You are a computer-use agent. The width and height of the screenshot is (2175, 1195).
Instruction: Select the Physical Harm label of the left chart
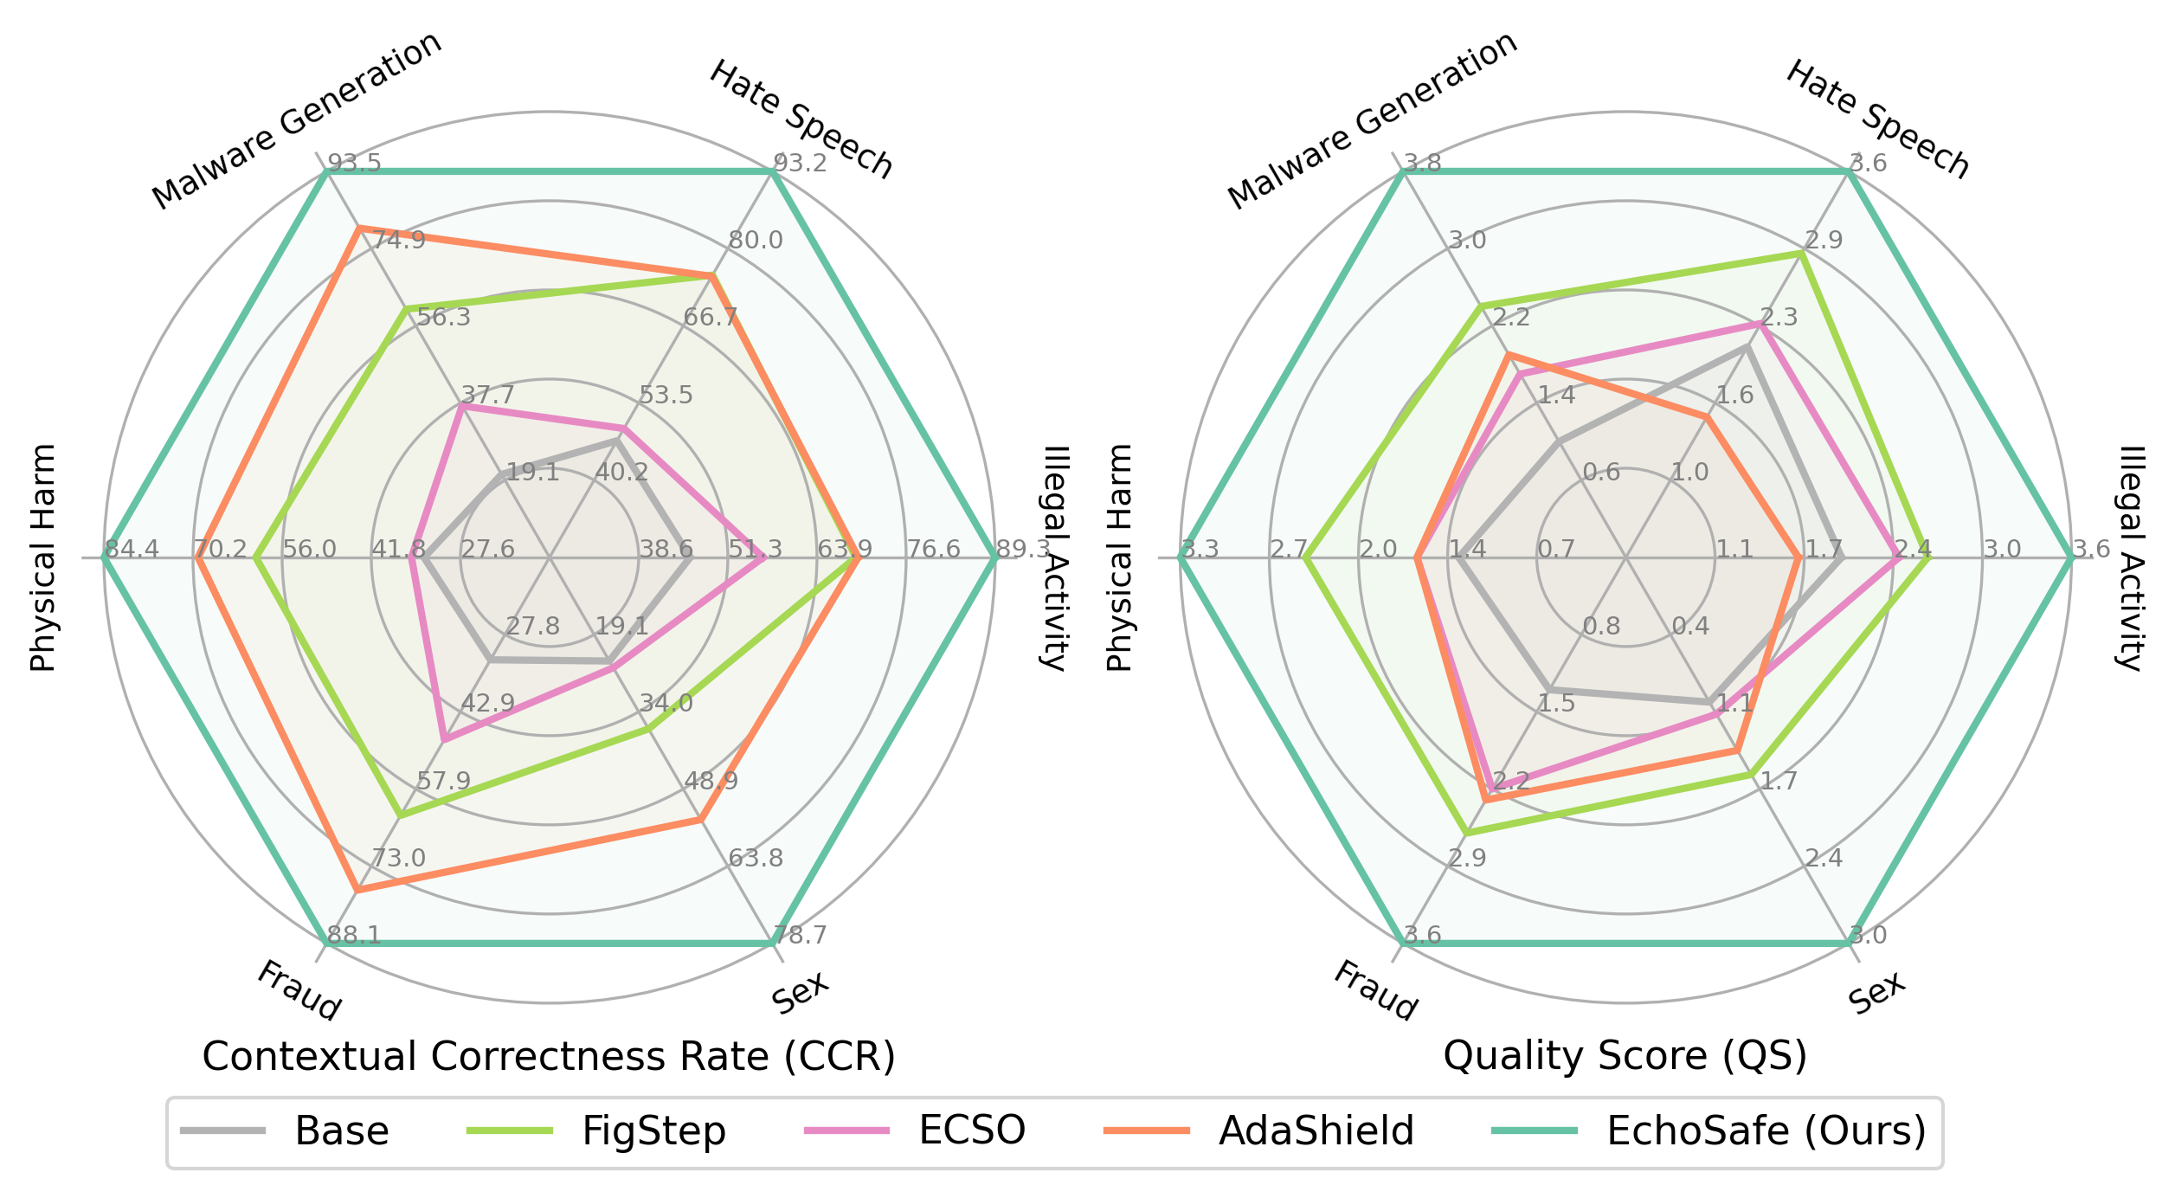point(42,558)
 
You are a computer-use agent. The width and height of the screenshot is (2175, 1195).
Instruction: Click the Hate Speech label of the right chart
point(1876,120)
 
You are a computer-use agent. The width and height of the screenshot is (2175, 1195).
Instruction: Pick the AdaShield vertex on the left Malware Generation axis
point(358,228)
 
